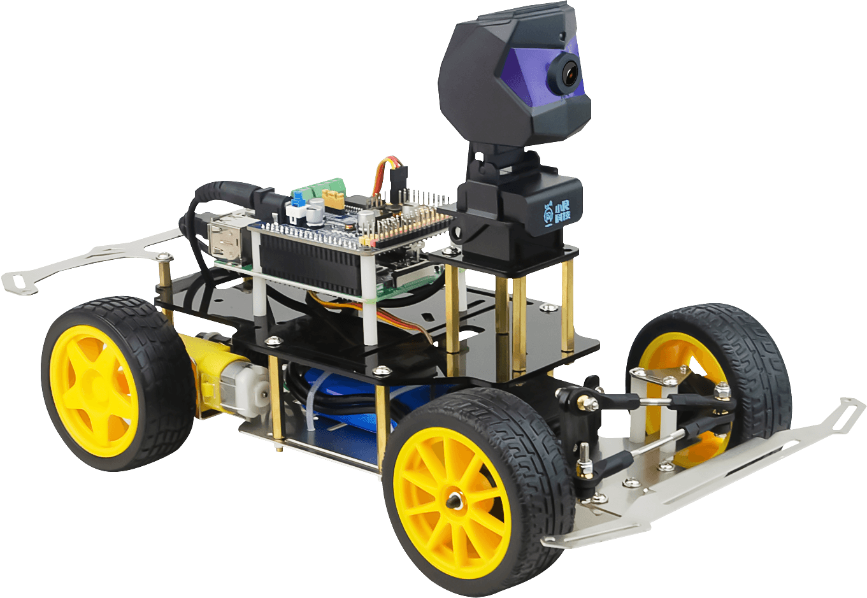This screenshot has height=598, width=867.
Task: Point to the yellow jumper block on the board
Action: pyautogui.click(x=334, y=200)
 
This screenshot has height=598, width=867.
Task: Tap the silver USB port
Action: pyautogui.click(x=225, y=236)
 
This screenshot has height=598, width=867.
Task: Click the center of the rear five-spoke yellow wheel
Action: pyautogui.click(x=96, y=388)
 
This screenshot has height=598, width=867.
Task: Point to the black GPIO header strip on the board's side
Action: pyautogui.click(x=306, y=261)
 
